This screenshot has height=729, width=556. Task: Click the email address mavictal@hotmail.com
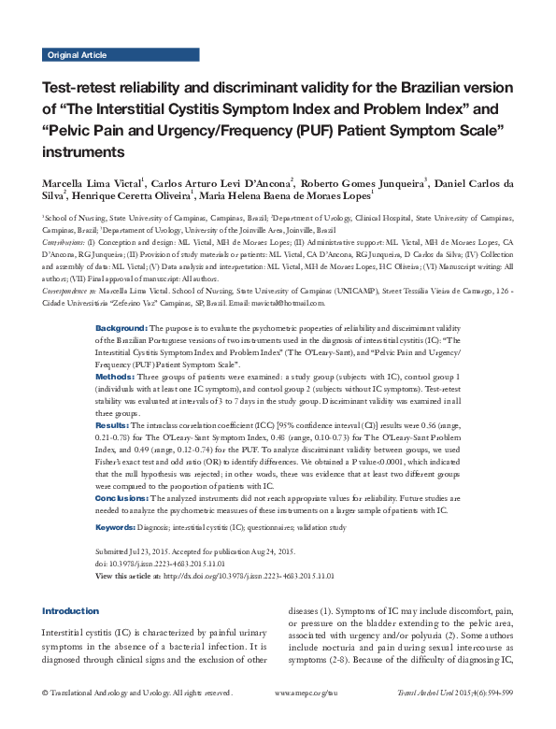coord(286,303)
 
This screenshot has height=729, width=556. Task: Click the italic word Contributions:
coord(70,240)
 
